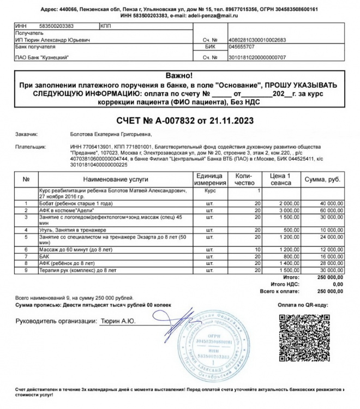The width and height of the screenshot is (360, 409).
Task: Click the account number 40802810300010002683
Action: point(248,40)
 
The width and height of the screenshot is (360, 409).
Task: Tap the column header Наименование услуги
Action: point(115,179)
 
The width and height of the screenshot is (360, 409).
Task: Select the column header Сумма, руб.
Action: point(322,179)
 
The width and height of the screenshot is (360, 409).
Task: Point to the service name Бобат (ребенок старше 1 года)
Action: point(74,202)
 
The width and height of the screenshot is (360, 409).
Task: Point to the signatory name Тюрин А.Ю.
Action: point(117,322)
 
